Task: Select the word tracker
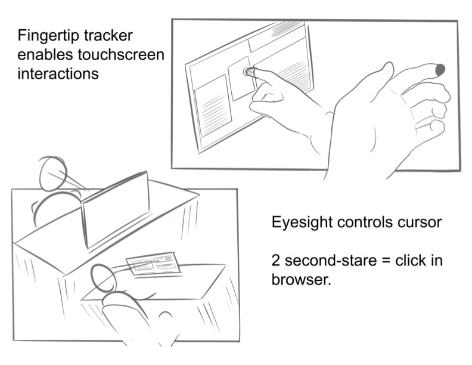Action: point(105,35)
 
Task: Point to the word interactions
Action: point(58,75)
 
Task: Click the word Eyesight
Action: point(302,223)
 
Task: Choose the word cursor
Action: point(420,223)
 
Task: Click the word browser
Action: point(300,280)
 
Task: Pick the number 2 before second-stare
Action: point(276,261)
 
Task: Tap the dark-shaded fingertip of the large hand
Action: point(440,70)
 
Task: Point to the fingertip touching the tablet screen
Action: point(248,72)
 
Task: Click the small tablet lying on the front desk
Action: point(153,264)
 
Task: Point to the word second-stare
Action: point(332,261)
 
